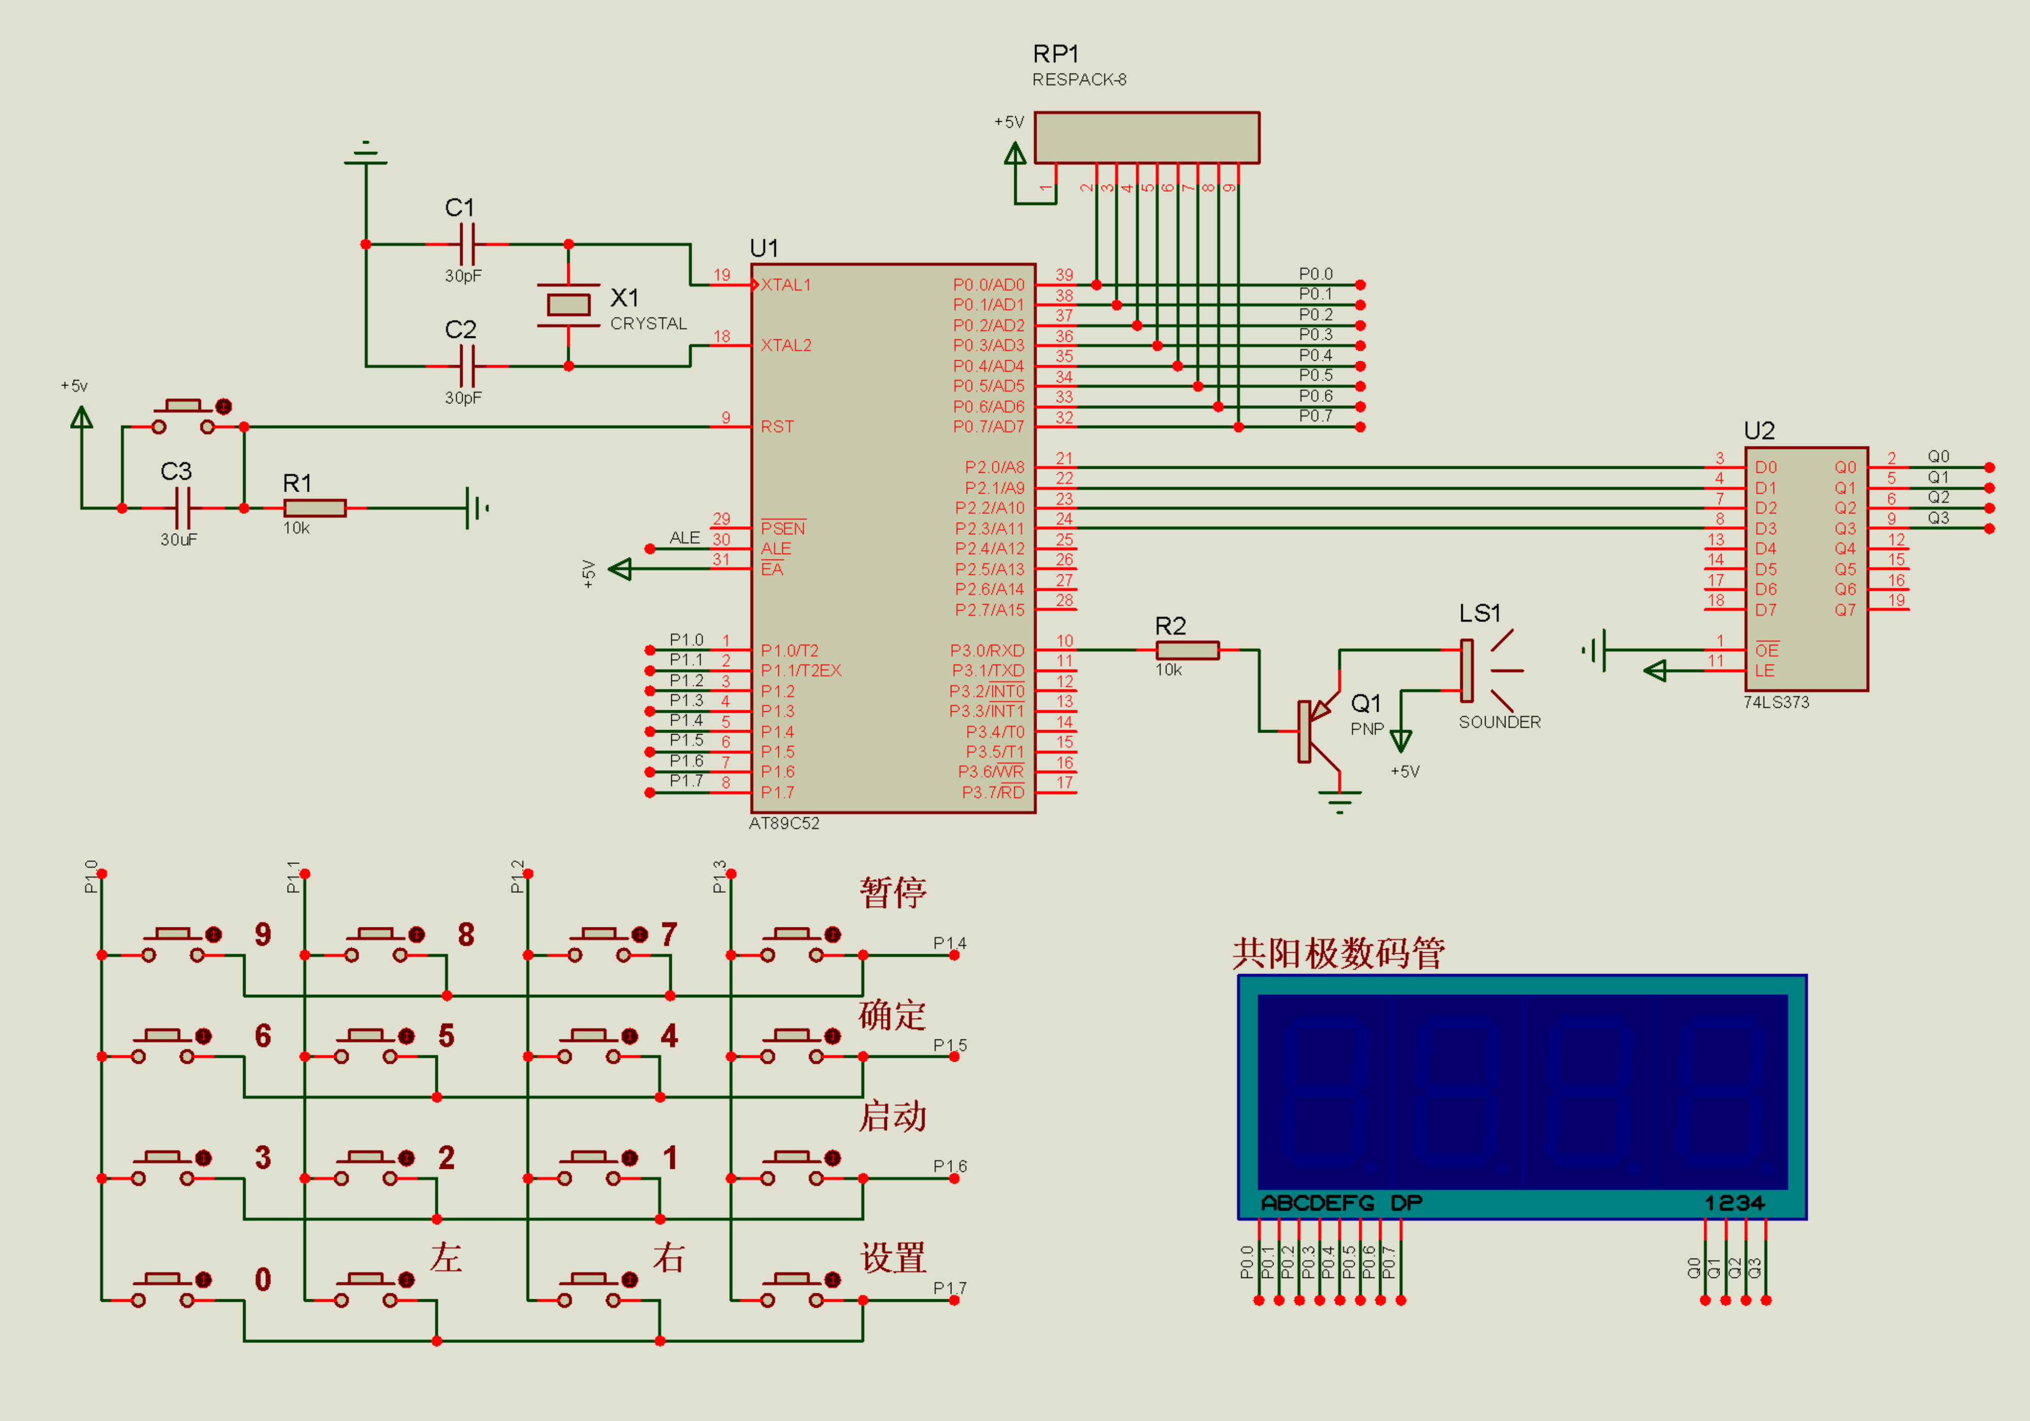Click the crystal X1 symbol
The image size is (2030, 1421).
(x=568, y=305)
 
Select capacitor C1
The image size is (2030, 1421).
(x=467, y=244)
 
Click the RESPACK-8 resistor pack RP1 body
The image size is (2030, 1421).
(x=1147, y=137)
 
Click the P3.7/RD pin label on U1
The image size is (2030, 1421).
(x=993, y=792)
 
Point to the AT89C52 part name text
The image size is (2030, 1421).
(x=784, y=824)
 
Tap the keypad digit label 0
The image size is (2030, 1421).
(x=263, y=1279)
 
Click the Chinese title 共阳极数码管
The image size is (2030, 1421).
(x=1338, y=953)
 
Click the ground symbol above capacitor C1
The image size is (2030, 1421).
(x=365, y=153)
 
